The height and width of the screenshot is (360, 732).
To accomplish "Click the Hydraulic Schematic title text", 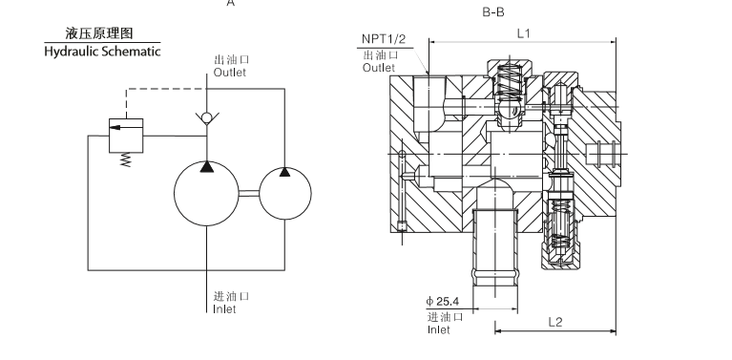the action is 102,52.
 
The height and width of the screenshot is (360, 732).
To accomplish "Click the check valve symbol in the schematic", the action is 207,118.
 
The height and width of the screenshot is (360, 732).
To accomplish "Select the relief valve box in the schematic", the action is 126,136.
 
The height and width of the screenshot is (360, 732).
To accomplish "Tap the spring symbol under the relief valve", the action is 126,159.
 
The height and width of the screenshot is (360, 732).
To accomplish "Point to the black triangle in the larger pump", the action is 207,167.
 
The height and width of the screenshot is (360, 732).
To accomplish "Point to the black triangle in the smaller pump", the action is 284,172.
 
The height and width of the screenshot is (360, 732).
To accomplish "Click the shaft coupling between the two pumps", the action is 249,193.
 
